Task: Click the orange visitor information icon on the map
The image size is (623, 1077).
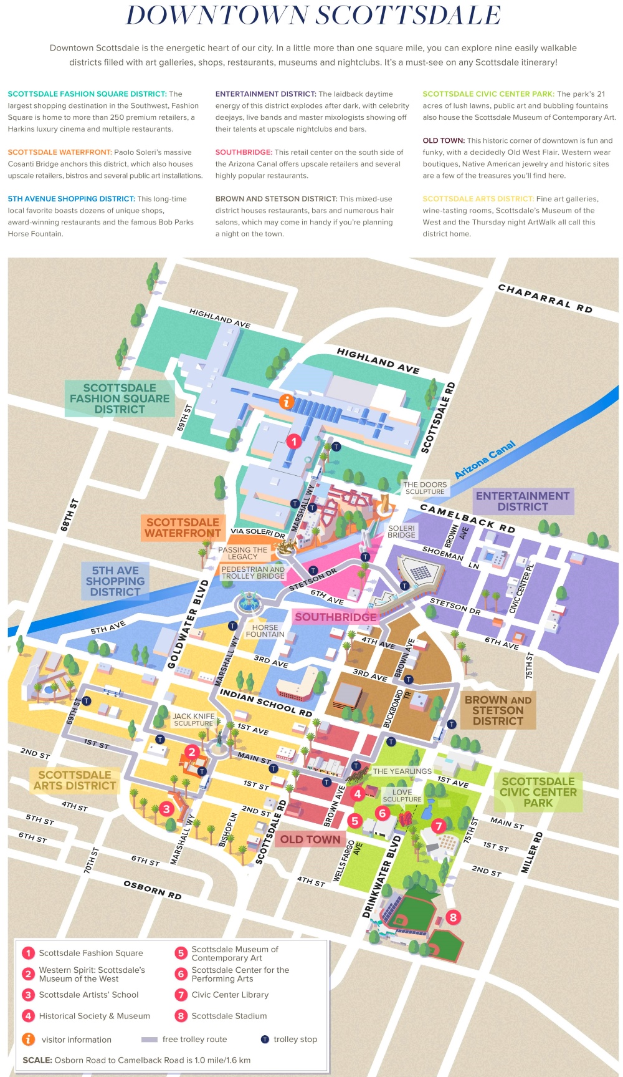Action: pyautogui.click(x=287, y=402)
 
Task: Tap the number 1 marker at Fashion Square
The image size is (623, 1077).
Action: pyautogui.click(x=294, y=442)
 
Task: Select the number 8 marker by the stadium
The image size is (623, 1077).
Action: pyautogui.click(x=453, y=917)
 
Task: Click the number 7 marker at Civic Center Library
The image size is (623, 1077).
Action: pyautogui.click(x=439, y=826)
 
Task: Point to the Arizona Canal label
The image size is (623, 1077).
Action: pyautogui.click(x=485, y=460)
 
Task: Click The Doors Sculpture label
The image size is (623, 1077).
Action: pyautogui.click(x=425, y=488)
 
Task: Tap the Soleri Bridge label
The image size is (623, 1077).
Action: pyautogui.click(x=401, y=531)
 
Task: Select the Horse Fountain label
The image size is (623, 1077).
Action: pyautogui.click(x=265, y=631)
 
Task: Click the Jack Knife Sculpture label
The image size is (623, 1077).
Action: pyautogui.click(x=194, y=720)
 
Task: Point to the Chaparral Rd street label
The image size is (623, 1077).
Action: pyautogui.click(x=545, y=298)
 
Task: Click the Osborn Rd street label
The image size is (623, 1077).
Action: pyautogui.click(x=153, y=890)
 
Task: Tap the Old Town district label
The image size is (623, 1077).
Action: pyautogui.click(x=310, y=839)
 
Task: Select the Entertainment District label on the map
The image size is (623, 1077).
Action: pyautogui.click(x=523, y=501)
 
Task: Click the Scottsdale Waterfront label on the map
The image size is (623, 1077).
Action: pyautogui.click(x=183, y=528)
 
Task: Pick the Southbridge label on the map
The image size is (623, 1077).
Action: pyautogui.click(x=336, y=617)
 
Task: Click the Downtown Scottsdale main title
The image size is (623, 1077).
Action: pyautogui.click(x=313, y=16)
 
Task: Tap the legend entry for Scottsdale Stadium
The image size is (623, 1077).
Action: pyautogui.click(x=229, y=1016)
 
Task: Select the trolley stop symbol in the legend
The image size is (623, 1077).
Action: pyautogui.click(x=265, y=1039)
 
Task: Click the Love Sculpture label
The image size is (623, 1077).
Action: pyautogui.click(x=402, y=795)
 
